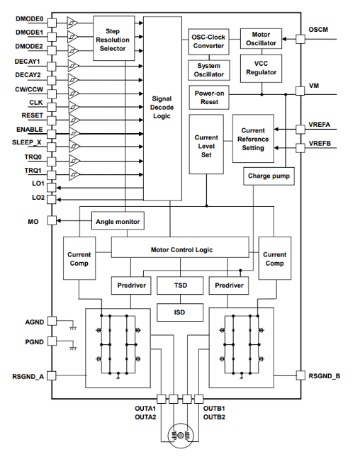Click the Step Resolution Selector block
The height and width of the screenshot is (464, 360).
(x=113, y=38)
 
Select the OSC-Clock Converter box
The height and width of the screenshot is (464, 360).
(x=209, y=42)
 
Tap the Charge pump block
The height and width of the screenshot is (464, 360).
(x=269, y=176)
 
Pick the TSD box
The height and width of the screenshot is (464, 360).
(x=180, y=285)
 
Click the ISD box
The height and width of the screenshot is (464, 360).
(x=180, y=312)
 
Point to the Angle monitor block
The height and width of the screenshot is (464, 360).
(x=118, y=221)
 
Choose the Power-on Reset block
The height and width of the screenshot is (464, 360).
(x=209, y=97)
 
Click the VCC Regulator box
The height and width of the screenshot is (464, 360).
(x=261, y=68)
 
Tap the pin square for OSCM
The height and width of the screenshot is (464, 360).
(x=300, y=39)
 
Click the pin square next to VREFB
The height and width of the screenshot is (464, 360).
(x=300, y=148)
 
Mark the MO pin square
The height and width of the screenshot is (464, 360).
(x=52, y=220)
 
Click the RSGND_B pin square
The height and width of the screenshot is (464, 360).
(x=300, y=376)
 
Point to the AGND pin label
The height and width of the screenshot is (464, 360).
(x=35, y=322)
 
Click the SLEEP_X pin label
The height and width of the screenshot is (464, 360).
(x=27, y=142)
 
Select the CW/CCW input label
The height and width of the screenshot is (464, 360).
(x=29, y=89)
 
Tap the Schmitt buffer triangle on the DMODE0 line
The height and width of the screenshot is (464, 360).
(x=72, y=23)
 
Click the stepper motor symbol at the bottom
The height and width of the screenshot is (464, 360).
(x=180, y=435)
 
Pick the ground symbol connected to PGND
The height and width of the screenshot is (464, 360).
(x=73, y=349)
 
